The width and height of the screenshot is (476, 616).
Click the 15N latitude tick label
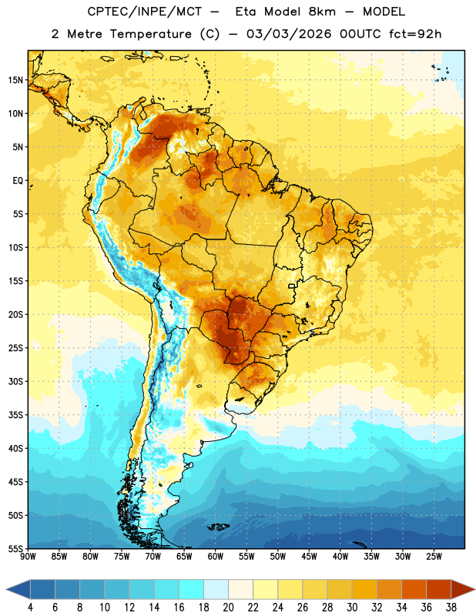[15, 80]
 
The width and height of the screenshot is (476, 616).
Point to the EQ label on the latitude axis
[18, 181]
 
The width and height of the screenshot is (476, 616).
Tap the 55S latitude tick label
[15, 548]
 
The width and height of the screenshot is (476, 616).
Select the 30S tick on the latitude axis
[15, 381]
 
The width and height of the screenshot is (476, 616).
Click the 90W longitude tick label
[28, 556]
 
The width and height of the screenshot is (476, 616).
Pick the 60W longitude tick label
[216, 556]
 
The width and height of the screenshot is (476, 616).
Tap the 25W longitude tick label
[434, 556]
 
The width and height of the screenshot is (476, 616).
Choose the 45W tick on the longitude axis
[309, 556]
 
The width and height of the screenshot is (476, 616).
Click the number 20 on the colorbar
[228, 607]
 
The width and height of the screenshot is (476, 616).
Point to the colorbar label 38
[451, 607]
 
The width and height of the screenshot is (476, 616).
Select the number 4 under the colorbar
[31, 607]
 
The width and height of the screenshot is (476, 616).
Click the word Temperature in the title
[150, 34]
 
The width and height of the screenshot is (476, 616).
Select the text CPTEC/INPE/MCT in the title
[144, 12]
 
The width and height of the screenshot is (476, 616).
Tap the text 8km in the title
[322, 12]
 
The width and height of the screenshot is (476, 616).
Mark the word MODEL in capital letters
[384, 12]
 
